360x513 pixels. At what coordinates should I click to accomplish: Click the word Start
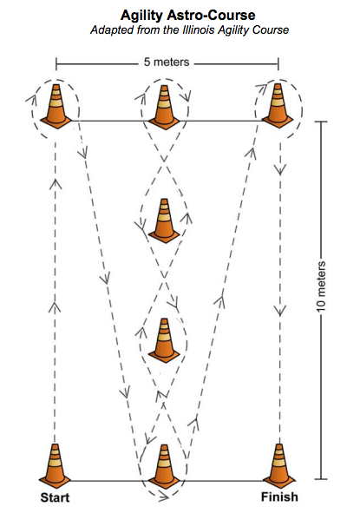55,497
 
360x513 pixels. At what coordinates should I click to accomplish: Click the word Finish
279,497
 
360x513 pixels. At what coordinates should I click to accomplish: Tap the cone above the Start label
55,466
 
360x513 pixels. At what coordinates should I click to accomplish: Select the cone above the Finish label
279,466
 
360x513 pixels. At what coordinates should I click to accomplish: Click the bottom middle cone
164,466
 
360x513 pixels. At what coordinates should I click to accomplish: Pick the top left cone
56,106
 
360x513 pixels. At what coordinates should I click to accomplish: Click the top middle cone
164,106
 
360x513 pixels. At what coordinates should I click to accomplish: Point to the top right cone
278,106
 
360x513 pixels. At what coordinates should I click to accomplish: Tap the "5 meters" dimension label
167,62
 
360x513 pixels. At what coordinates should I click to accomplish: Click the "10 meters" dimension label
322,286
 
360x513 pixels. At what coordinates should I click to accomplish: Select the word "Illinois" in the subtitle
198,30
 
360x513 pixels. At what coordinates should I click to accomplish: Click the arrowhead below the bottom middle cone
164,497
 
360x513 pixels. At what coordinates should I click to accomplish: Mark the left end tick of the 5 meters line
56,64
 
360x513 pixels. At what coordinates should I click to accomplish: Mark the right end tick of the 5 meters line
278,64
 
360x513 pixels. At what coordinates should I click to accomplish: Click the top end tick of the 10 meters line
322,122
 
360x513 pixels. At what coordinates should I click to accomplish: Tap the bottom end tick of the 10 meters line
322,479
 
